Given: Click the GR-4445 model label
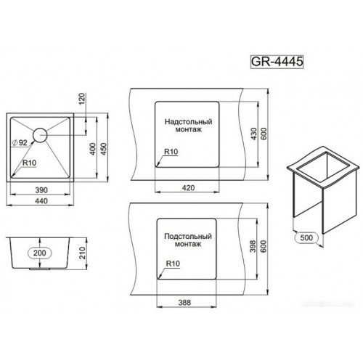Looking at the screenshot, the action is (x=277, y=62).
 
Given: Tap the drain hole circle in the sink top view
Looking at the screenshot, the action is (x=40, y=135).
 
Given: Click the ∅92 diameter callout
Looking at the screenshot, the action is (x=20, y=143).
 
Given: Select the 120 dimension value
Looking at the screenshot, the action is (x=82, y=99).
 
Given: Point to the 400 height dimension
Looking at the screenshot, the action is (x=93, y=149).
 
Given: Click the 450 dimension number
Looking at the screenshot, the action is (x=103, y=149).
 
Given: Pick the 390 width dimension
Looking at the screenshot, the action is (x=41, y=190).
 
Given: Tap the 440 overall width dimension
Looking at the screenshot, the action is (x=41, y=201).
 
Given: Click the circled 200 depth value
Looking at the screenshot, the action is (x=40, y=253).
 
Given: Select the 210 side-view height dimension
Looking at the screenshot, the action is (x=83, y=253).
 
